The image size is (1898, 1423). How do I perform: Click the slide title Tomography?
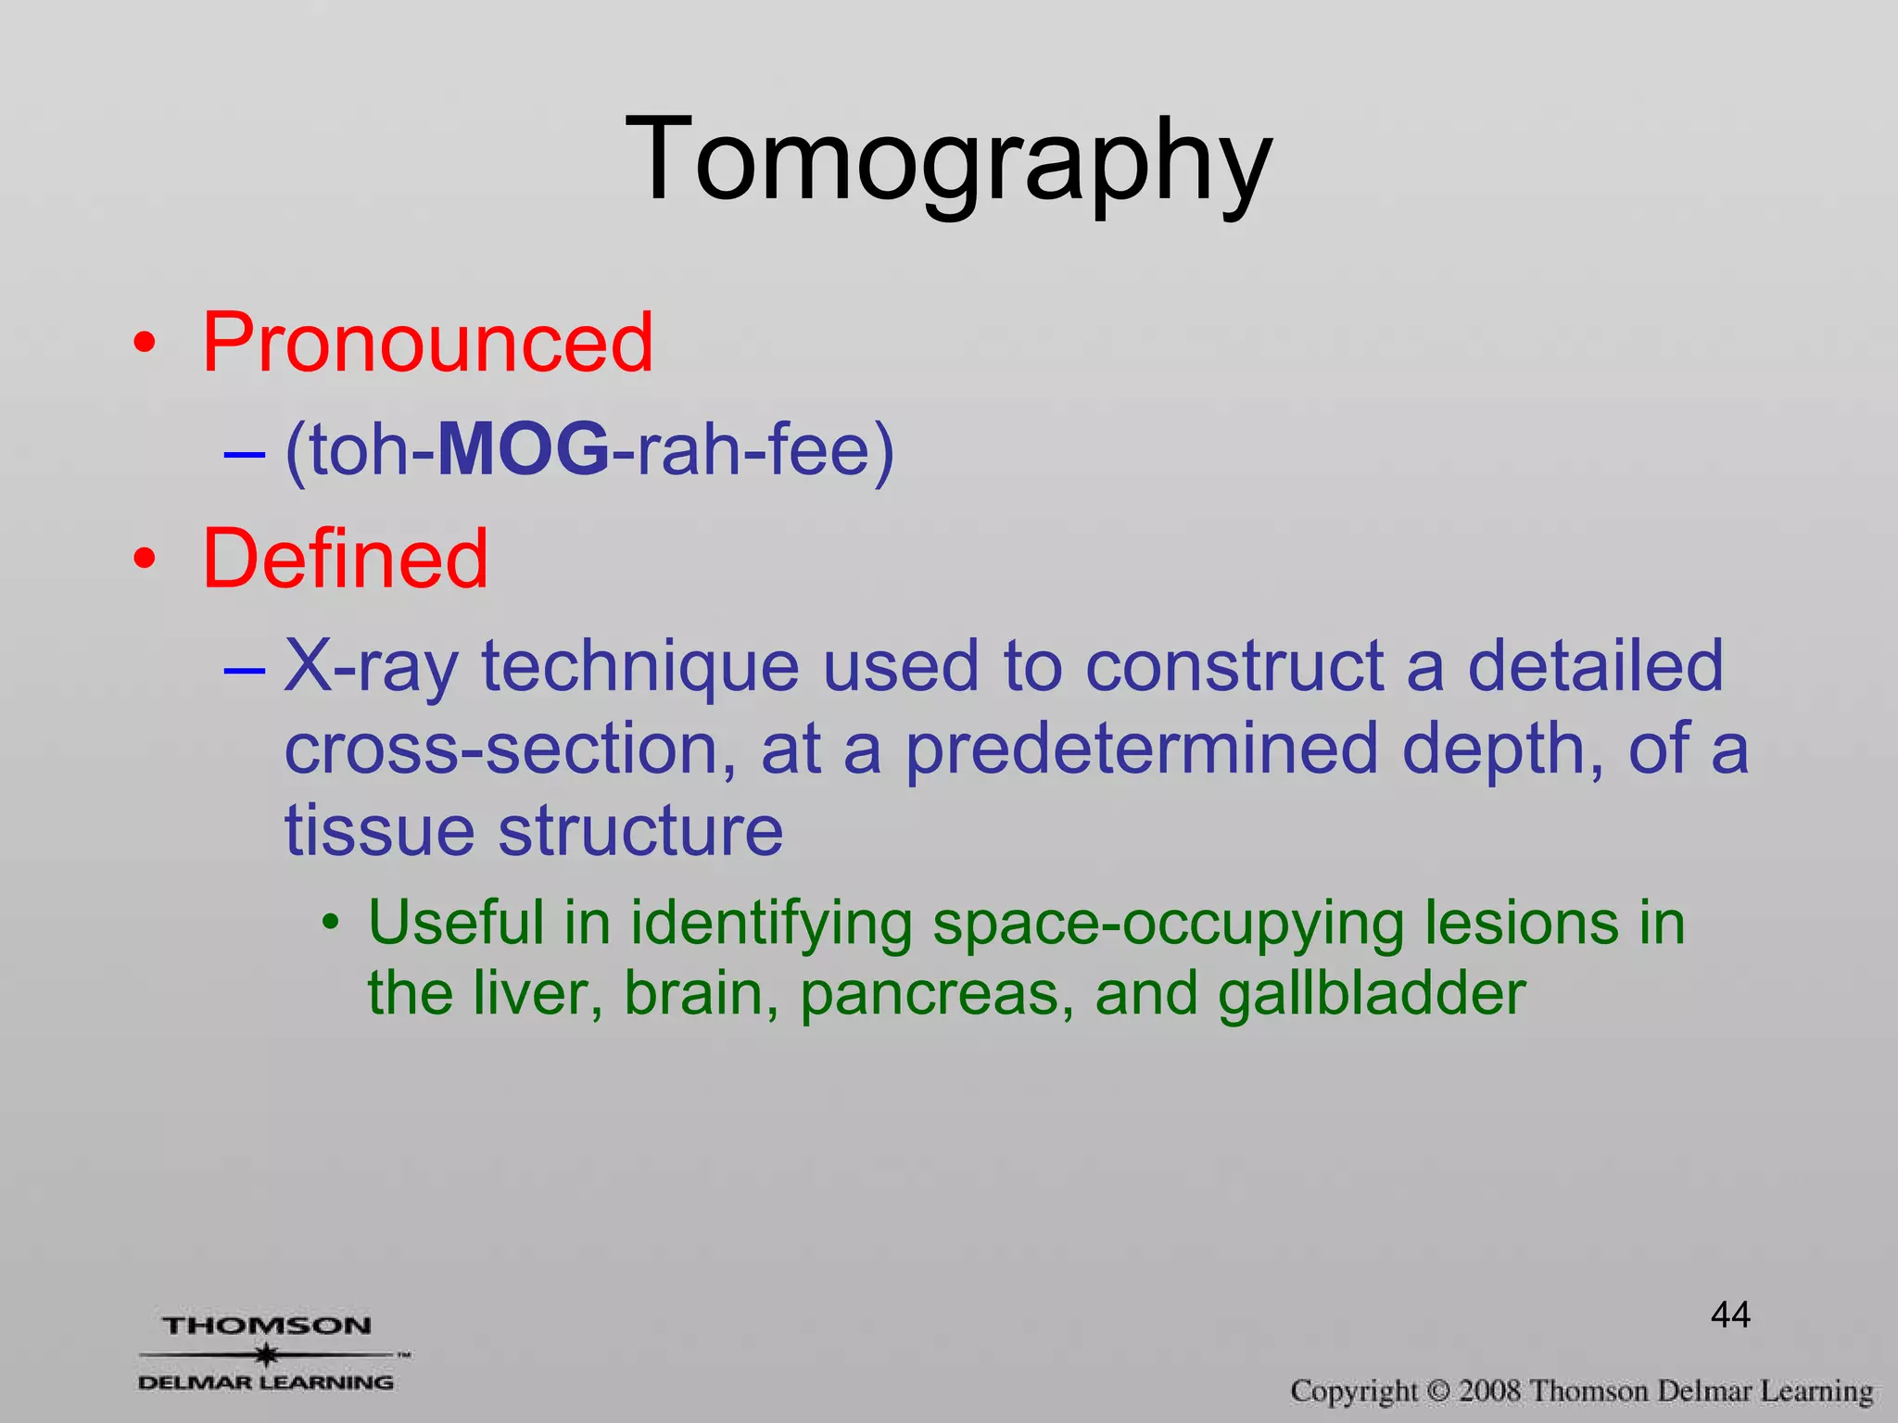click(x=949, y=159)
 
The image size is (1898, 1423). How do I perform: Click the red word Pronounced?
click(x=427, y=343)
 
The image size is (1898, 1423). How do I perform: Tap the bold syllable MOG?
click(x=524, y=450)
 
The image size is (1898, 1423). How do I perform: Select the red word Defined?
click(x=345, y=559)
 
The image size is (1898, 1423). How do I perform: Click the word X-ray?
click(x=371, y=666)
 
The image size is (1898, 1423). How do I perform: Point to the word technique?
click(x=640, y=666)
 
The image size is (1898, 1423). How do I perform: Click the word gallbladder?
click(x=1372, y=993)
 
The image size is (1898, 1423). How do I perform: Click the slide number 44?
click(x=1730, y=1315)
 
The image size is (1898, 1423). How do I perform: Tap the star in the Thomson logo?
click(x=267, y=1354)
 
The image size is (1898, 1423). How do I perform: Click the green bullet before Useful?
click(x=331, y=925)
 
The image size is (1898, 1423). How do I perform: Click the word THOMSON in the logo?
click(x=267, y=1326)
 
